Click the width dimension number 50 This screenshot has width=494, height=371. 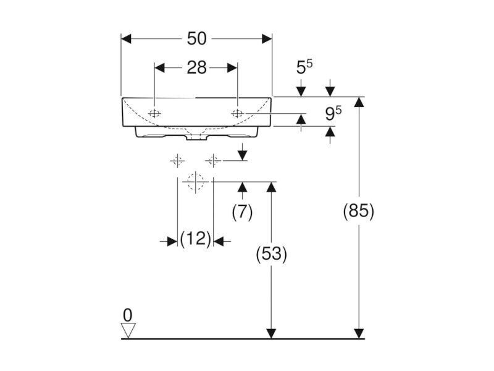196,39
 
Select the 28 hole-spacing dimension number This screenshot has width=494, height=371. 196,68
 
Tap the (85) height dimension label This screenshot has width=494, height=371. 359,211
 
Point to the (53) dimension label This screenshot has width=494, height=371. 271,254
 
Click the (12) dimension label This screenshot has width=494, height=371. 195,239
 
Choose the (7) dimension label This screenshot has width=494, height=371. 242,211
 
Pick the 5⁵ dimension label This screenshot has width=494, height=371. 304,67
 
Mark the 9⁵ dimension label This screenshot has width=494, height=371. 333,114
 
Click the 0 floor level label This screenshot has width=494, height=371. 128,315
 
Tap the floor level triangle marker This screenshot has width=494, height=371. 128,330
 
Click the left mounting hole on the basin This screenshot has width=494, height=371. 154,114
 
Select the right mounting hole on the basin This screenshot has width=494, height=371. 237,113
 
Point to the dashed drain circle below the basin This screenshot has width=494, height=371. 195,182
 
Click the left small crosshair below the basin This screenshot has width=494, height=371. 177,161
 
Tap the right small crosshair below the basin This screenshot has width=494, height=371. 213,161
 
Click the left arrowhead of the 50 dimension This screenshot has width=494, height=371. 126,39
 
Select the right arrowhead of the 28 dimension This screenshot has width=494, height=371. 233,68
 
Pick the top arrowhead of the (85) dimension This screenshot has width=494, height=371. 359,102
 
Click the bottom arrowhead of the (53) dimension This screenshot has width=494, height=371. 271,334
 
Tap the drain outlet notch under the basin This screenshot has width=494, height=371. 196,137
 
